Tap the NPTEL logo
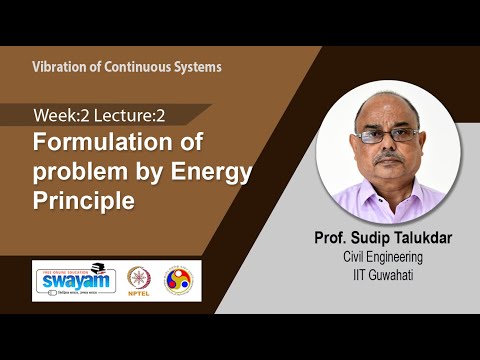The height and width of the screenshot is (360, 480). [x=138, y=279]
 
